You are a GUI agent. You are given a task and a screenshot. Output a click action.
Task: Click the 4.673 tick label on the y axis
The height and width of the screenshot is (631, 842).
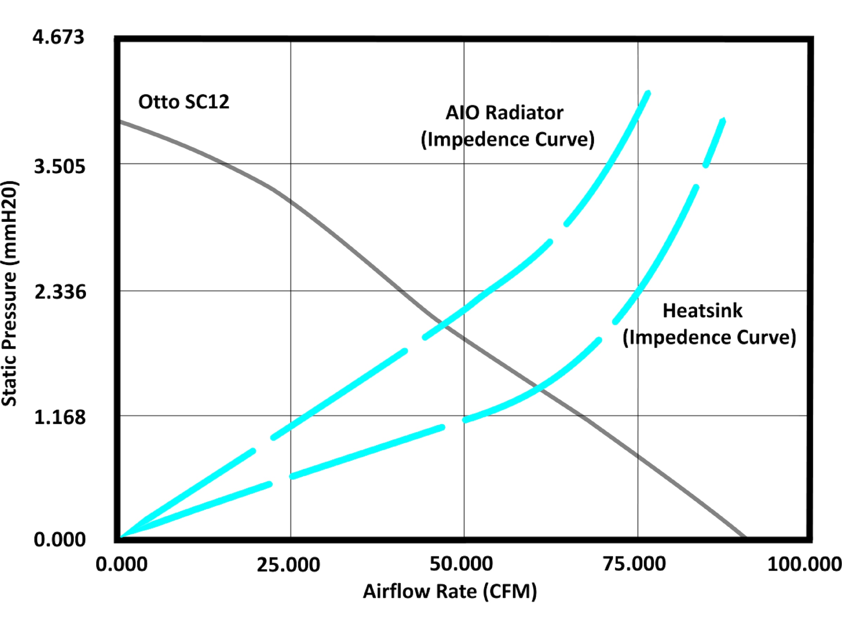58,38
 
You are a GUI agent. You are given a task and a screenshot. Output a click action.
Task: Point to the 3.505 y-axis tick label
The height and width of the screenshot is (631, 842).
60,167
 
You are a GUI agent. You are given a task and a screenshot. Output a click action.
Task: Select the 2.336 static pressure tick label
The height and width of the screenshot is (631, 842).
60,292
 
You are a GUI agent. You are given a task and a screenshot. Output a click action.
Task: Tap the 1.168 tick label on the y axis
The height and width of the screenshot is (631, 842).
60,417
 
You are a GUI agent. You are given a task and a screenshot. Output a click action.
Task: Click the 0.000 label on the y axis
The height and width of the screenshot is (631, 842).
59,540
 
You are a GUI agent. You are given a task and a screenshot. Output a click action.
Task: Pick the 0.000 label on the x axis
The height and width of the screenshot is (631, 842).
121,564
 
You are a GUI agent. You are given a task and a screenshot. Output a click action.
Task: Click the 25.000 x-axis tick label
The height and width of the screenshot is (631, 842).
288,565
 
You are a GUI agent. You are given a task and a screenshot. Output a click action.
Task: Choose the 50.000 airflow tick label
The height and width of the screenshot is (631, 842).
461,564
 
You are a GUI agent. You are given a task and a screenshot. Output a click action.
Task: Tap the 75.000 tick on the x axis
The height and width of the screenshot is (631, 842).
634,564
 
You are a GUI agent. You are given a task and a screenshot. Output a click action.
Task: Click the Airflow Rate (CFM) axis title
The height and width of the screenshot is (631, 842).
449,591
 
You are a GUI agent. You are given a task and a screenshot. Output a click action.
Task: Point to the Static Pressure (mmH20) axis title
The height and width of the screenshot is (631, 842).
9,294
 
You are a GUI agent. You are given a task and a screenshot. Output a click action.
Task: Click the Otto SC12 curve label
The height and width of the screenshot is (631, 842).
183,102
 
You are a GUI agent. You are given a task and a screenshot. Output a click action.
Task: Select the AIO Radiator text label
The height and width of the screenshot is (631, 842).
504,113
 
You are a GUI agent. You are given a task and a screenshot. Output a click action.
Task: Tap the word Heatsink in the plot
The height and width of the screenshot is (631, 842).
702,310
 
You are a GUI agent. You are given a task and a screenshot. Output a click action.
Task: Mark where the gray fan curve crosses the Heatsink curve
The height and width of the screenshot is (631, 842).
537,389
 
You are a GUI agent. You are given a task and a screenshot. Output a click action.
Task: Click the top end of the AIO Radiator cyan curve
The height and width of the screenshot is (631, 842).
648,93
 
